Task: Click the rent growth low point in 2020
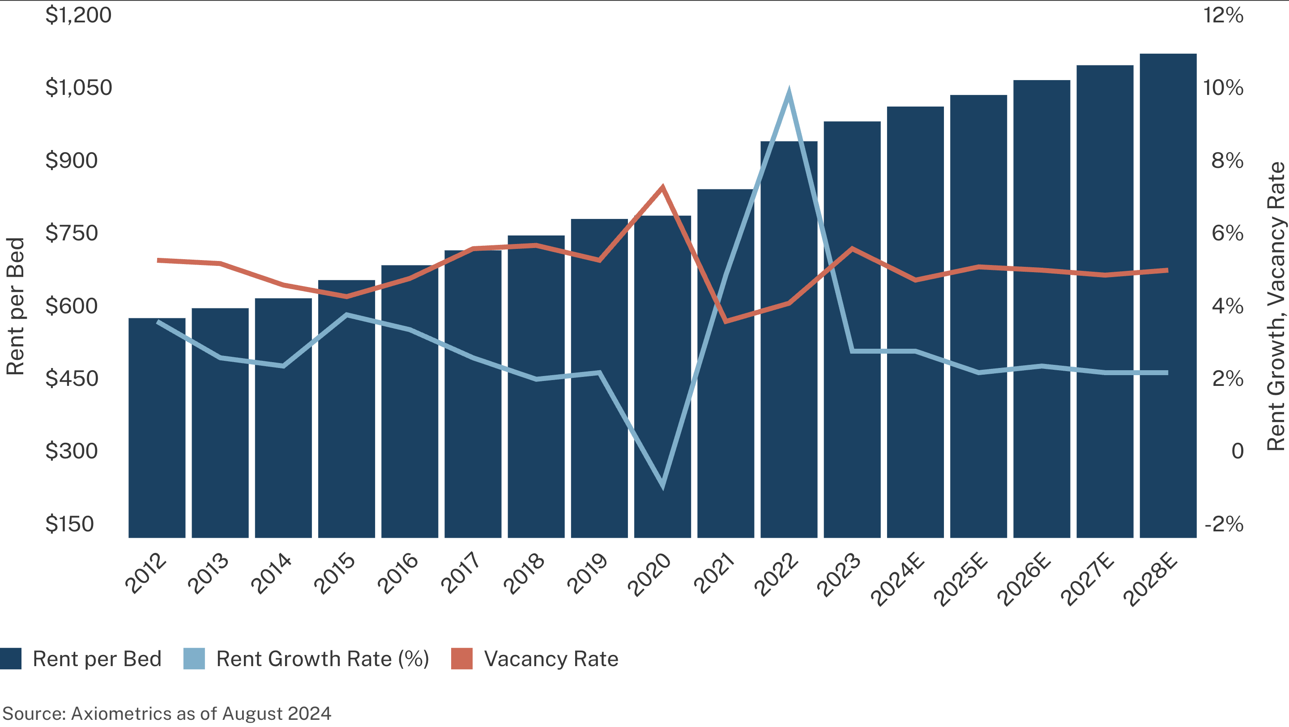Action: click(x=662, y=484)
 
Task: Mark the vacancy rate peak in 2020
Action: click(x=662, y=188)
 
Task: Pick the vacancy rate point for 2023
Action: click(x=852, y=248)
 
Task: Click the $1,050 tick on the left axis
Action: click(x=79, y=88)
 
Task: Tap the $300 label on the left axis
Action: click(x=71, y=451)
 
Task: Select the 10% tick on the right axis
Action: click(x=1223, y=88)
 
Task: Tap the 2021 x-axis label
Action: click(x=715, y=574)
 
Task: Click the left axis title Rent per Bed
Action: click(x=15, y=306)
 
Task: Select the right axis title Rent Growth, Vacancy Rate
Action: click(x=1276, y=306)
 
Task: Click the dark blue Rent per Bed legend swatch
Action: click(x=10, y=659)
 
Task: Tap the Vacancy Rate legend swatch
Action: click(x=461, y=659)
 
